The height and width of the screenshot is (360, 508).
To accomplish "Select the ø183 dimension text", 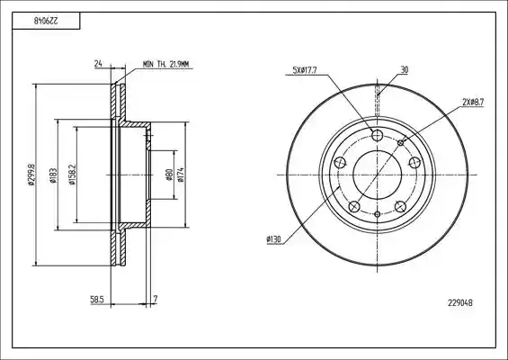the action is point(53,175).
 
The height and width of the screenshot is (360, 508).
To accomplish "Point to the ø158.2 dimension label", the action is point(72,175).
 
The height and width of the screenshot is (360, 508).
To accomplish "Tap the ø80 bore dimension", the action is point(169,175).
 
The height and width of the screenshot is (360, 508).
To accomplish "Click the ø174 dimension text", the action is point(181,175).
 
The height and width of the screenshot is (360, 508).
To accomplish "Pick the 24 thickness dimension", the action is point(98,64).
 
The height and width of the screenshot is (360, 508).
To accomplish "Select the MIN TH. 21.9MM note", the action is point(165,64).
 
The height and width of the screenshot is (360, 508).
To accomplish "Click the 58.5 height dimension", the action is point(96,299).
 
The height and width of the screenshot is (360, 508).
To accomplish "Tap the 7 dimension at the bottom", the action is point(156,299).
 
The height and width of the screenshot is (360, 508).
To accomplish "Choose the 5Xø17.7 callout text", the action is point(305,70).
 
